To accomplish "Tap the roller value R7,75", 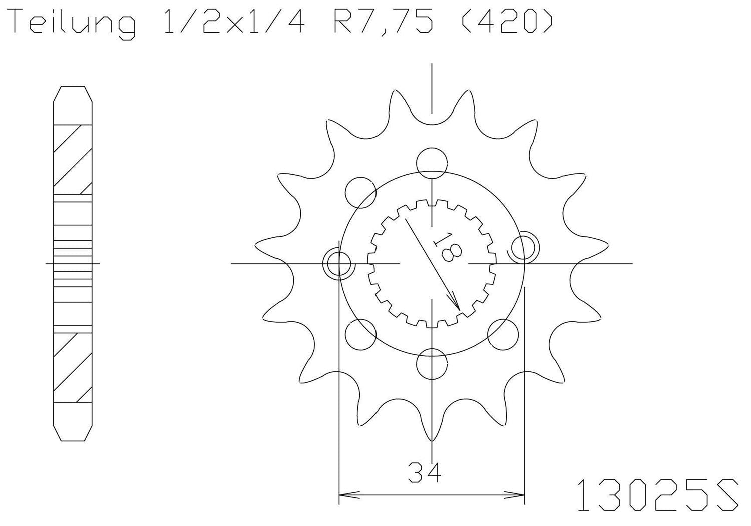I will point(383,24).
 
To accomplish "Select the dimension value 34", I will point(424,472).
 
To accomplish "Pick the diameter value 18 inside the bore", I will point(448,246).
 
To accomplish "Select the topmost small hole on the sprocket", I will point(432,162).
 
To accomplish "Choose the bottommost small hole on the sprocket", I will point(432,364).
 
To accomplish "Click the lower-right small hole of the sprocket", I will point(502,334).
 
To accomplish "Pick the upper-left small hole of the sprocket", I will point(360,191).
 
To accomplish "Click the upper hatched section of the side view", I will point(73,159).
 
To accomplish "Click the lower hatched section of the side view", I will point(73,368).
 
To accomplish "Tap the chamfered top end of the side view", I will point(73,95).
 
